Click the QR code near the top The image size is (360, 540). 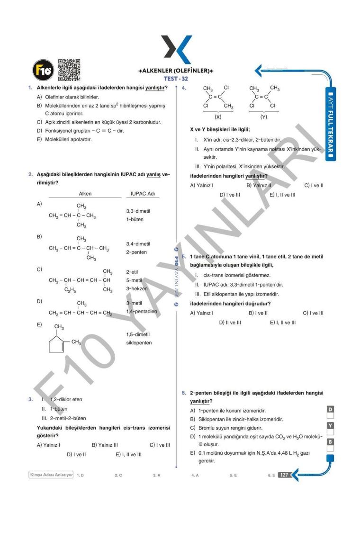point(69,70)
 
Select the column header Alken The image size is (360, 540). point(85,194)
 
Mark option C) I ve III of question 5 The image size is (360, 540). point(313,313)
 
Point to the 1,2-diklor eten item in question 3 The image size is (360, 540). point(66,399)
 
